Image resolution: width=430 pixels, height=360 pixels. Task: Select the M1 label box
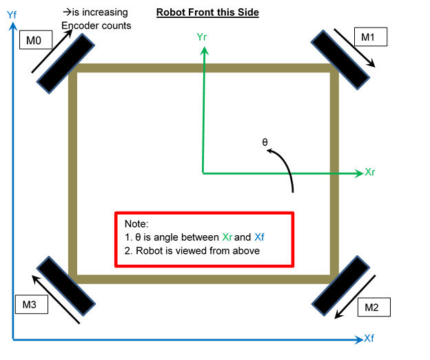(x=369, y=37)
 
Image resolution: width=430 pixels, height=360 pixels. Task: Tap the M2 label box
(x=372, y=308)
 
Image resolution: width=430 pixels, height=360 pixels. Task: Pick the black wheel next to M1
(x=340, y=58)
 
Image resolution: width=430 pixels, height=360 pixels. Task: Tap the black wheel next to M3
(x=65, y=286)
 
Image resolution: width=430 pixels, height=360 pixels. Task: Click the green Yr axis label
(x=202, y=37)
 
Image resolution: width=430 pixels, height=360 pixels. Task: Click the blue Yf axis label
(x=11, y=13)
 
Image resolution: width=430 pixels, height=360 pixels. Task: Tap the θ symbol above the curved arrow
(x=265, y=142)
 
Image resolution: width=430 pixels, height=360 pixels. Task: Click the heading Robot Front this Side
(x=207, y=12)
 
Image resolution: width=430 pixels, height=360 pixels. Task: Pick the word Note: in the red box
(x=136, y=225)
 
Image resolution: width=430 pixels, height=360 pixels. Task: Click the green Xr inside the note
(x=228, y=238)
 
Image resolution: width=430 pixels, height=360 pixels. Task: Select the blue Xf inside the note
(x=260, y=238)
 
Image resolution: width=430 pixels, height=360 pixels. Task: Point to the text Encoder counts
(x=96, y=26)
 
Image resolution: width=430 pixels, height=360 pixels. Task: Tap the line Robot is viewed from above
(x=192, y=251)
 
